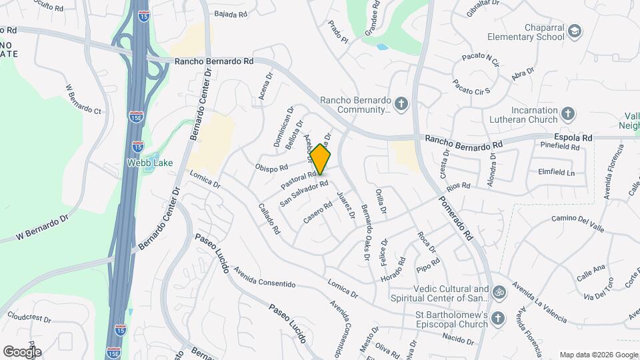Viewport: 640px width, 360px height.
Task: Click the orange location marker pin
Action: pyautogui.click(x=321, y=160)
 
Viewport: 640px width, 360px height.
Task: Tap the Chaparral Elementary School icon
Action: pyautogui.click(x=574, y=31)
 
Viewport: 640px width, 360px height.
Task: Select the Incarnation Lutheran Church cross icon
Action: pyautogui.click(x=568, y=114)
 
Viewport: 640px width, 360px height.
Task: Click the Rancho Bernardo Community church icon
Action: pyautogui.click(x=401, y=103)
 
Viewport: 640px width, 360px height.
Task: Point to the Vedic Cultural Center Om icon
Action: pyautogui.click(x=497, y=292)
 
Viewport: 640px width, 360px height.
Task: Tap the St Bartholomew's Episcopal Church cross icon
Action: pyautogui.click(x=497, y=319)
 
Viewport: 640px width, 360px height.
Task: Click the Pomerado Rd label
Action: pyautogui.click(x=459, y=219)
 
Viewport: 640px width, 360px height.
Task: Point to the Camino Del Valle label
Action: pyautogui.click(x=579, y=223)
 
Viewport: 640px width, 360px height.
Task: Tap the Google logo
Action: pyautogui.click(x=21, y=351)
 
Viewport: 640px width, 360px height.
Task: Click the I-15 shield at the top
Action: pyautogui.click(x=143, y=16)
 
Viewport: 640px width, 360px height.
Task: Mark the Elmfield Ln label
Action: pyautogui.click(x=557, y=173)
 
